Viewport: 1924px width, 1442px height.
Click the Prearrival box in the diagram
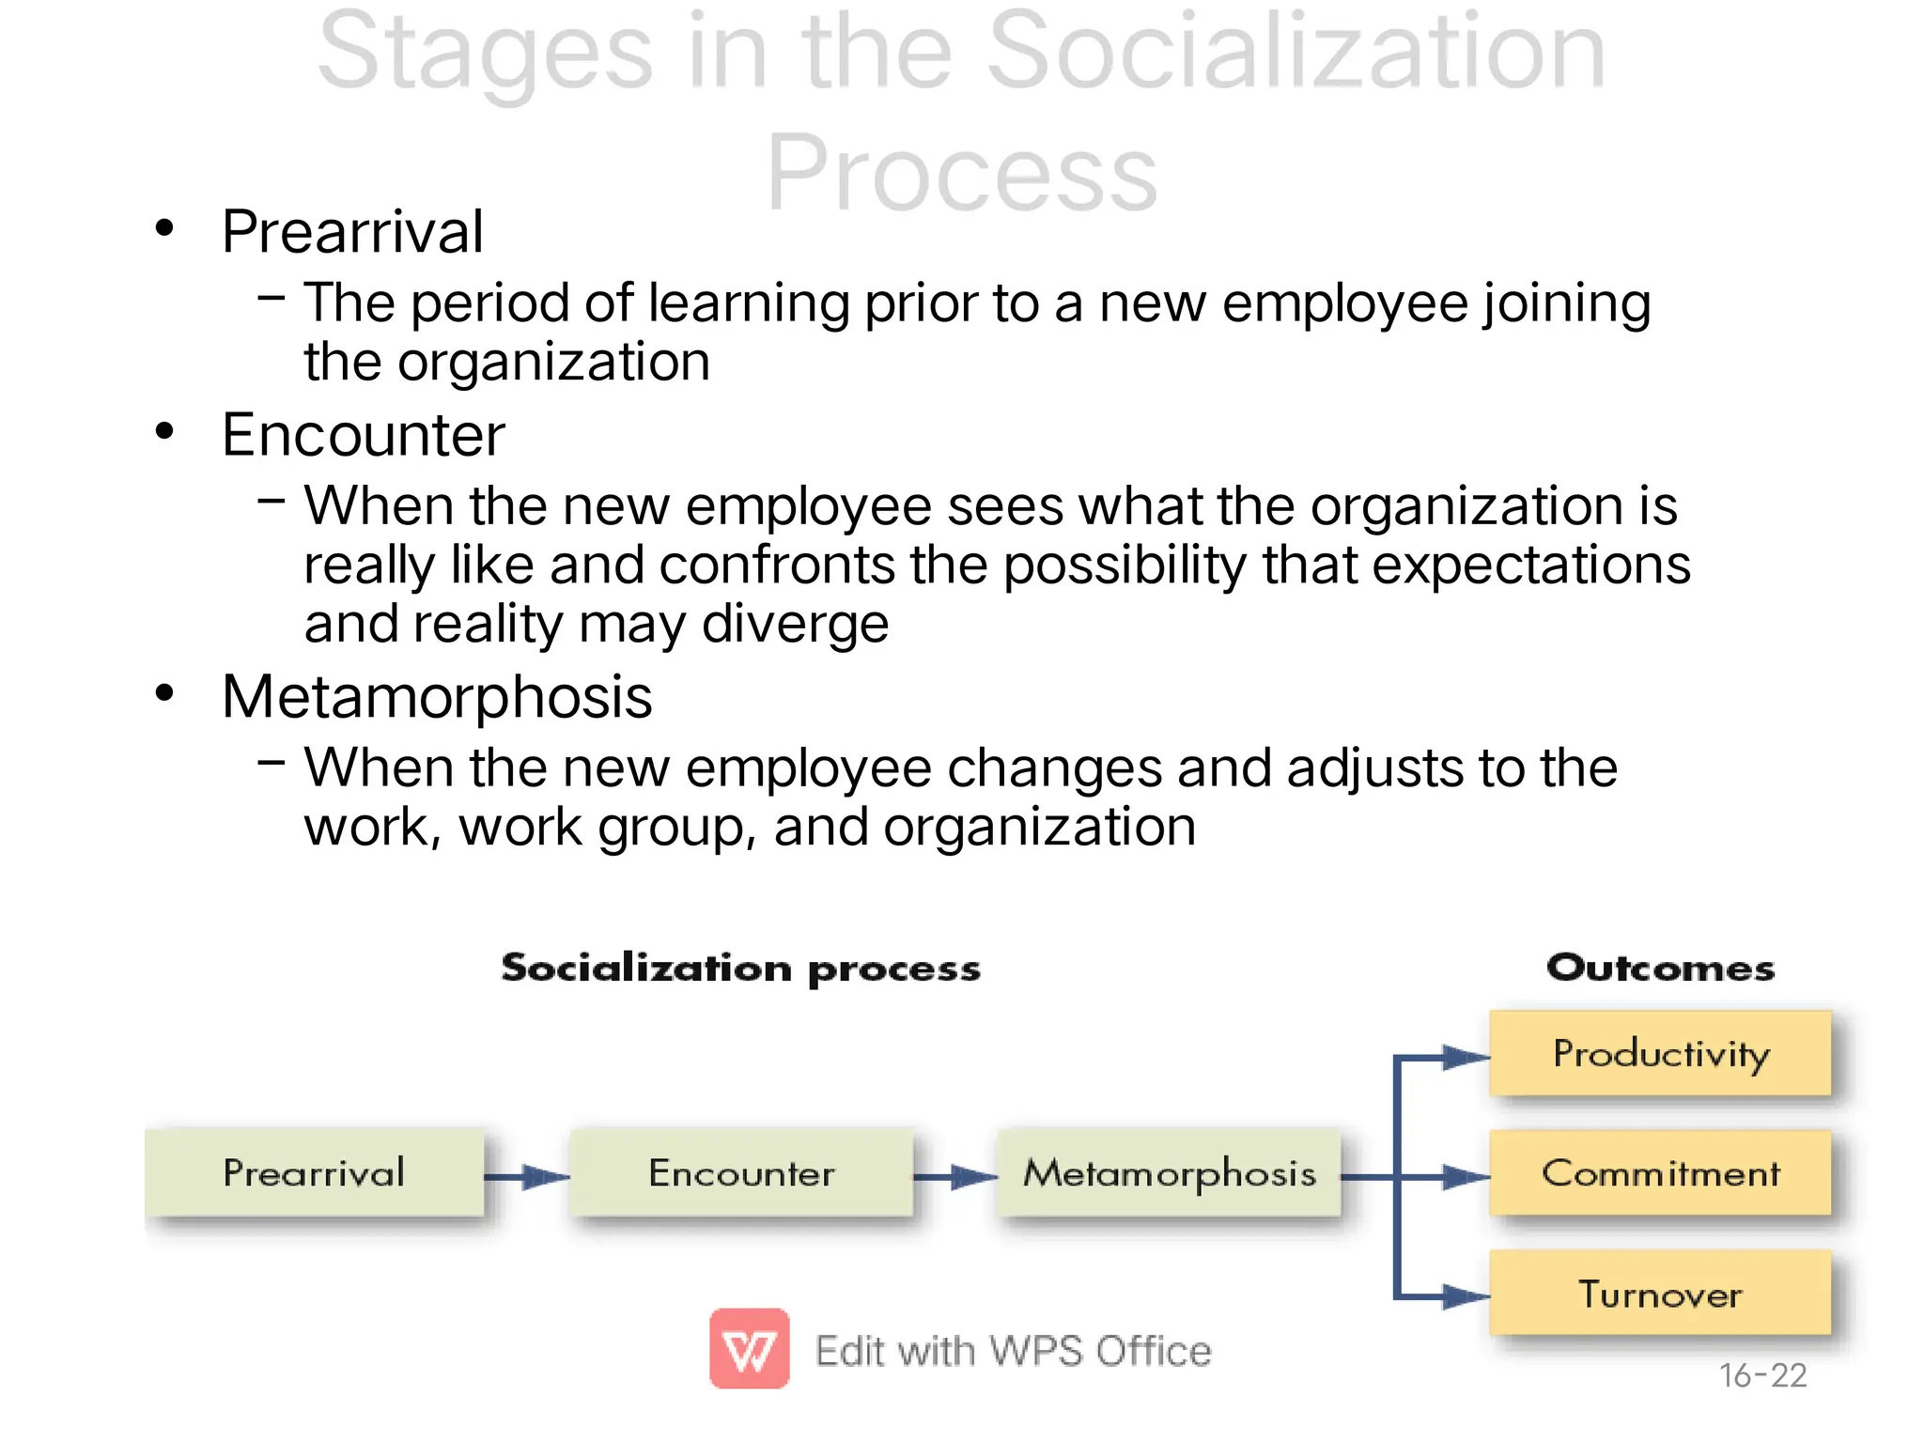click(x=314, y=1172)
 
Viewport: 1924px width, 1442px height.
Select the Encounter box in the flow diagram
click(x=741, y=1172)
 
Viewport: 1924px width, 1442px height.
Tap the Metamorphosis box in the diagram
click(x=1170, y=1172)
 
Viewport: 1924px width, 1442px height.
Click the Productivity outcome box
click(x=1660, y=1053)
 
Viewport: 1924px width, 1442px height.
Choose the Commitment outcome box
click(x=1660, y=1172)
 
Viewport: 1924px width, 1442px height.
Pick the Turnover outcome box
click(x=1660, y=1294)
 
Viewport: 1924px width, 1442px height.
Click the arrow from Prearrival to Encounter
click(x=527, y=1176)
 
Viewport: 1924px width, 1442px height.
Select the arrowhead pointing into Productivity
click(x=1466, y=1058)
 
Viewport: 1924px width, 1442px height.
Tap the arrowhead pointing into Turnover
click(x=1466, y=1297)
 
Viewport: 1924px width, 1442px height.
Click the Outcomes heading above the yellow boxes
click(x=1660, y=968)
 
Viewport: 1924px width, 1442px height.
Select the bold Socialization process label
click(x=740, y=969)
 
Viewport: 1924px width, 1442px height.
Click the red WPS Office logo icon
click(x=749, y=1348)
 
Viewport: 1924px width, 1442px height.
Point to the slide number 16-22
click(x=1762, y=1375)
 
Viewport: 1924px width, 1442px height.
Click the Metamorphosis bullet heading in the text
click(x=437, y=697)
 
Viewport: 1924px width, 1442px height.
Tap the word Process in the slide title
click(x=962, y=174)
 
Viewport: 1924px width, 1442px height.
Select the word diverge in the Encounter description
click(x=795, y=625)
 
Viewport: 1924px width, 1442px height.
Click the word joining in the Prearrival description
click(x=1566, y=304)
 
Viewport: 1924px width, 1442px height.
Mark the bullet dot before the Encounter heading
click(x=165, y=432)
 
